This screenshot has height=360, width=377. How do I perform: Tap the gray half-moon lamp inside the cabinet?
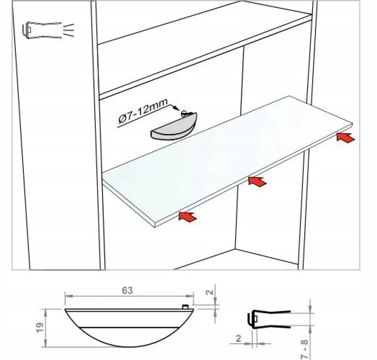(x=173, y=127)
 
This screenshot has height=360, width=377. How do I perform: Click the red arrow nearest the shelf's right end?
(x=345, y=138)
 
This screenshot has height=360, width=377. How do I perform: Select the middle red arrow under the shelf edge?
(x=257, y=181)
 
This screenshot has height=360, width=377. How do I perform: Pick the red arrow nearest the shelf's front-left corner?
(x=188, y=217)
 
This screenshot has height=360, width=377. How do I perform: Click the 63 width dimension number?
(x=127, y=290)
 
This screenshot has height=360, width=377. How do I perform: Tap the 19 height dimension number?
(x=40, y=327)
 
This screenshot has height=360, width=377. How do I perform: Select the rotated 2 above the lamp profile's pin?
(x=210, y=292)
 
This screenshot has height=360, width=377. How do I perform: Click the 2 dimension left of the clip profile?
(x=238, y=339)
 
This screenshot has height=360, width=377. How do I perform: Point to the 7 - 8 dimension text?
(x=305, y=349)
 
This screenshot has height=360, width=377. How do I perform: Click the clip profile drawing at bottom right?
(x=269, y=319)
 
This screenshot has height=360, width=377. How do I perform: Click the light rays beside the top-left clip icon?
(x=69, y=30)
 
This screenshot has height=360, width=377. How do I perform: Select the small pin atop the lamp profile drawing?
(x=185, y=306)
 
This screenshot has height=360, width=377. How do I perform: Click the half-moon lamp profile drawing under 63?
(x=129, y=328)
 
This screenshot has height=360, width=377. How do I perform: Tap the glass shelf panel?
(x=227, y=161)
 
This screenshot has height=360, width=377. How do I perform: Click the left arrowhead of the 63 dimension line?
(x=69, y=296)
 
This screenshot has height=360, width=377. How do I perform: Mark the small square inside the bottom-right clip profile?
(x=255, y=319)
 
